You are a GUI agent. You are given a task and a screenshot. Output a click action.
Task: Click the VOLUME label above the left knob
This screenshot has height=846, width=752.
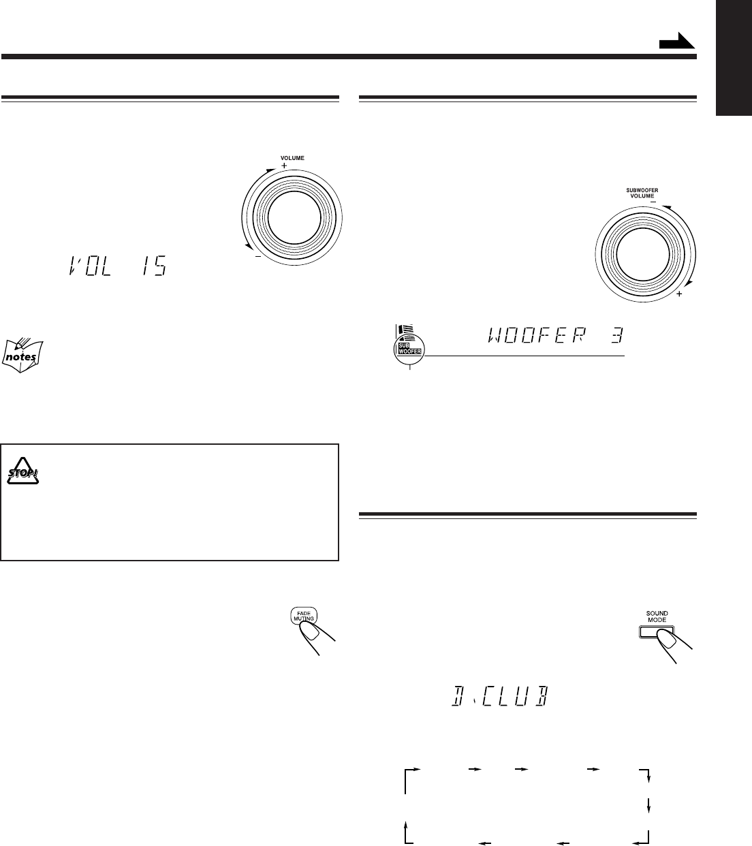292,158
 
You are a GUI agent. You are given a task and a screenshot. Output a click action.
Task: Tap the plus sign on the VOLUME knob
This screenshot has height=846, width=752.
284,166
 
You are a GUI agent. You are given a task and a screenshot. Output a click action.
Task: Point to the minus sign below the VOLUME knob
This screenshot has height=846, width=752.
258,256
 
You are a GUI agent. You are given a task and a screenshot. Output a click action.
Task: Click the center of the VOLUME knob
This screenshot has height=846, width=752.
294,217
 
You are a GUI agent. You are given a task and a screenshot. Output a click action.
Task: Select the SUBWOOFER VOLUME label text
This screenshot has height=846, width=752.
642,193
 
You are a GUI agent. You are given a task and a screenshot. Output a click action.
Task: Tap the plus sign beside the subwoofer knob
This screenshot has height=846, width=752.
679,294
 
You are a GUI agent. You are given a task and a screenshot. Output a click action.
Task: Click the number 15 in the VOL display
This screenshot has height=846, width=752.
155,265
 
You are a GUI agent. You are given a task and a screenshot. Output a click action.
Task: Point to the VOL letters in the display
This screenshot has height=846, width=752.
90,265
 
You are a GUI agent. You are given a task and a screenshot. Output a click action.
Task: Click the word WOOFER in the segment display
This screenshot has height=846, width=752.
537,335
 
